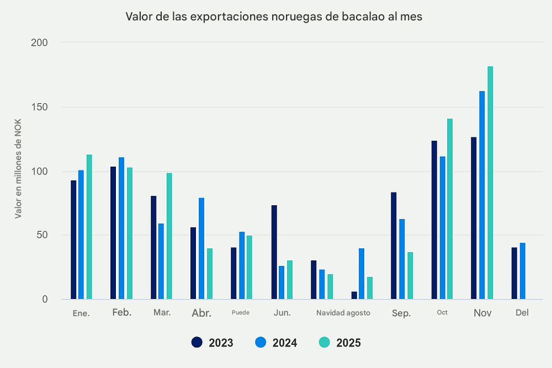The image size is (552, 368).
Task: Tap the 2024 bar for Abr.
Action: pos(201,248)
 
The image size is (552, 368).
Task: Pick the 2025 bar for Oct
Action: pos(449,209)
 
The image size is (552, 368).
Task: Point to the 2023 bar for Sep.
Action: pos(394,246)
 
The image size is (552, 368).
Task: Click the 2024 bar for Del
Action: pos(522,271)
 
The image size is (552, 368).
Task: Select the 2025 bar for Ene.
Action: pos(89,227)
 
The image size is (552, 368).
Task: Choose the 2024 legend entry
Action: pos(276,343)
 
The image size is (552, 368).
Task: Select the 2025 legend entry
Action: pos(339,343)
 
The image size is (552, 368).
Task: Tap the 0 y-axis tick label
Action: pos(45,300)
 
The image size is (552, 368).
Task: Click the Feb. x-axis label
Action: pos(121,312)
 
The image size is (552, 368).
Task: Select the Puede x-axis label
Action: pos(241,312)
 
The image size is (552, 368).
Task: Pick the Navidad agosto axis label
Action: pos(343,313)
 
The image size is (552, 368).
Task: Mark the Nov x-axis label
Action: pos(482,313)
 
